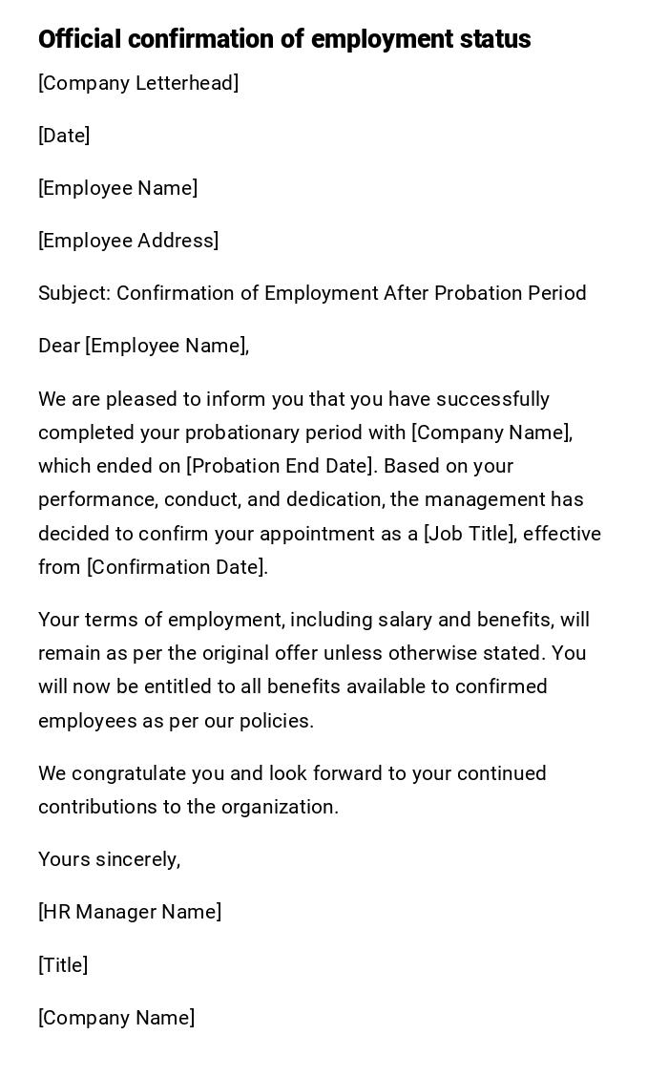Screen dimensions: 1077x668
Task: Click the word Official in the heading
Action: pos(79,39)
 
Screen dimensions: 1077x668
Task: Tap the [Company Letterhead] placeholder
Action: pos(138,83)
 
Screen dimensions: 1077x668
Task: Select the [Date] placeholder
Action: pos(64,136)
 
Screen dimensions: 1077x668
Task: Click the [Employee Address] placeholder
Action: pos(128,241)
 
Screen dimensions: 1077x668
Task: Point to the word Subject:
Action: pos(74,293)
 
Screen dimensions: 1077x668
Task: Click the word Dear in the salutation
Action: pos(59,346)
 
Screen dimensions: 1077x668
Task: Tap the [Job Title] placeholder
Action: pos(470,534)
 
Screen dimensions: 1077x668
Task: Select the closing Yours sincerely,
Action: pos(109,859)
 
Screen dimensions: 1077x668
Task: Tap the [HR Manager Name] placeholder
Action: pos(130,912)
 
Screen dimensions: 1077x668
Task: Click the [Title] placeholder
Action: pos(63,965)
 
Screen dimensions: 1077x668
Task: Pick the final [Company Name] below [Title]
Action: pos(116,1018)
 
